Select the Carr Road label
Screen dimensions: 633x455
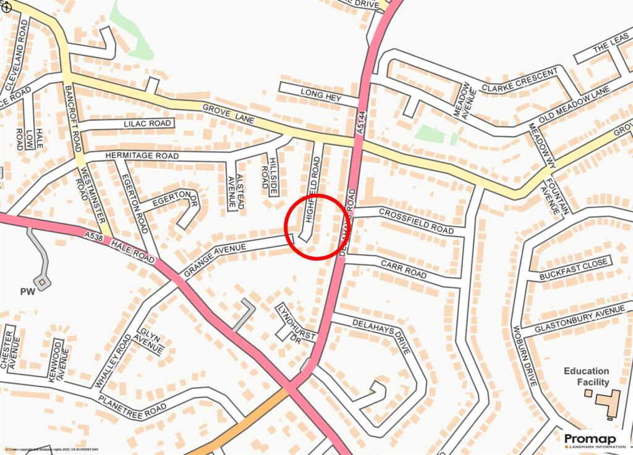click(x=404, y=270)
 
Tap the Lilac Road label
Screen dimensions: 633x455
click(x=147, y=123)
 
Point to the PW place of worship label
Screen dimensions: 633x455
click(x=27, y=291)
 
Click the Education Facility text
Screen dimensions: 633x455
click(x=586, y=377)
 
